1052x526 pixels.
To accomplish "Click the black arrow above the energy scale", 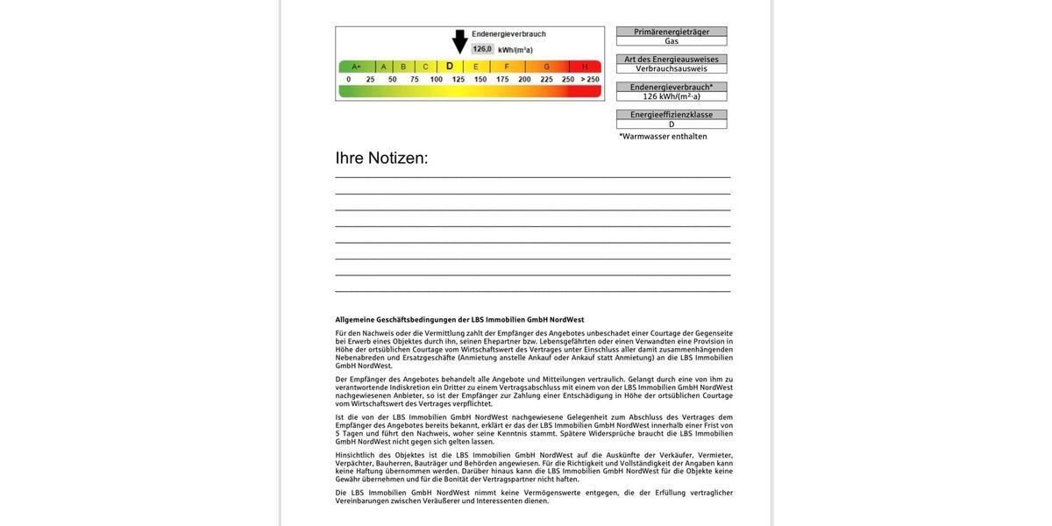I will pyautogui.click(x=459, y=41).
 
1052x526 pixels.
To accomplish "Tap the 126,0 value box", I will pyautogui.click(x=482, y=49).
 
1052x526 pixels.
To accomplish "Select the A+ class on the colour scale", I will pyautogui.click(x=357, y=67).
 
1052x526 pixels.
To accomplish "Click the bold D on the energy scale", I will pyautogui.click(x=450, y=66).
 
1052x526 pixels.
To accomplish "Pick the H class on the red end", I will pyautogui.click(x=585, y=67).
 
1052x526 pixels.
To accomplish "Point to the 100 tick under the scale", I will pyautogui.click(x=436, y=80).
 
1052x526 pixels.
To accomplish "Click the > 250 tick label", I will pyautogui.click(x=589, y=80).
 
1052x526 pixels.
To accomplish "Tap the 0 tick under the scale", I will pyautogui.click(x=349, y=80).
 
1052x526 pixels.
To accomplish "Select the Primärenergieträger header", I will pyautogui.click(x=672, y=32).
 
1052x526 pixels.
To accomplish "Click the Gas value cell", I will pyautogui.click(x=672, y=41).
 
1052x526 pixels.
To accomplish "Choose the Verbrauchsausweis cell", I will pyautogui.click(x=672, y=68).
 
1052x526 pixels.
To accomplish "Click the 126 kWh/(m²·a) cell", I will pyautogui.click(x=672, y=96).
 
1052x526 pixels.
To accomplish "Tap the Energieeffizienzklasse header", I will pyautogui.click(x=672, y=115).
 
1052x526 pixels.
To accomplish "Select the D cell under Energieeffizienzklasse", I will pyautogui.click(x=672, y=124).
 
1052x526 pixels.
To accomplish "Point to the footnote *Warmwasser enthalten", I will pyautogui.click(x=663, y=137).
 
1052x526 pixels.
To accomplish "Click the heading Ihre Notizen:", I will pyautogui.click(x=381, y=159).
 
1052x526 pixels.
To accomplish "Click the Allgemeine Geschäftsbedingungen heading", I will pyautogui.click(x=459, y=320).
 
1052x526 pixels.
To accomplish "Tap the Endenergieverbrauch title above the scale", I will pyautogui.click(x=508, y=34).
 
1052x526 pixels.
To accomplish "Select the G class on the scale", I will pyautogui.click(x=546, y=67).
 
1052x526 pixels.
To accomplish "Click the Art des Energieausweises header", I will pyautogui.click(x=672, y=60).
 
